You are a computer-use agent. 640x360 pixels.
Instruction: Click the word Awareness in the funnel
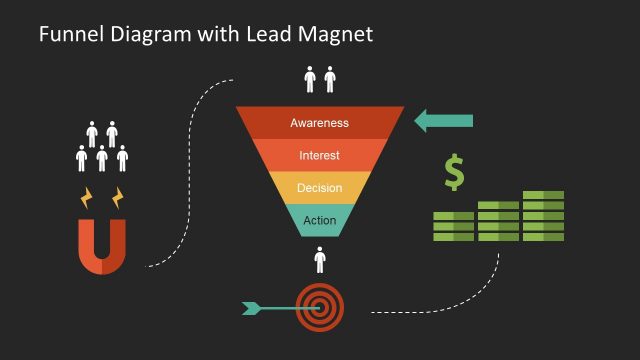(319, 123)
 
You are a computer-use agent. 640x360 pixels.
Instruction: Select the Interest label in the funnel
(319, 155)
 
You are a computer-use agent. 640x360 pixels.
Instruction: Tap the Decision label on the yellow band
(319, 187)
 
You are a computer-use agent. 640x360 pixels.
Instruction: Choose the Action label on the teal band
(319, 220)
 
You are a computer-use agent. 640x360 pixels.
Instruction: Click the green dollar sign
(455, 172)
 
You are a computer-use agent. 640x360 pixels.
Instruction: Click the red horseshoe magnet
(103, 246)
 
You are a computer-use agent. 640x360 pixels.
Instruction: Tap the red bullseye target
(320, 306)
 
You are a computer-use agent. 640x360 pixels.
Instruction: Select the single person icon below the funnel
(320, 260)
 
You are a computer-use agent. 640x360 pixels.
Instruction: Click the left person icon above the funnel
(310, 80)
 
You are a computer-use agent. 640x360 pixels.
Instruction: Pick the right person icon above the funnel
(330, 80)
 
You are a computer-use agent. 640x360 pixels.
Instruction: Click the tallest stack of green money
(543, 215)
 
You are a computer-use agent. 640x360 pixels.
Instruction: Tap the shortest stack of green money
(453, 226)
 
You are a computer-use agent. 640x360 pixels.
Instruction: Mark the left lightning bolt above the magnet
(87, 196)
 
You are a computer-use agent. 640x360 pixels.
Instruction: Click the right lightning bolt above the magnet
(118, 194)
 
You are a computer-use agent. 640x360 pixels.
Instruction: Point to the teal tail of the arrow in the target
(252, 307)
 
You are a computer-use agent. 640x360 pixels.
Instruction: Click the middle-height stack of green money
(498, 220)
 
